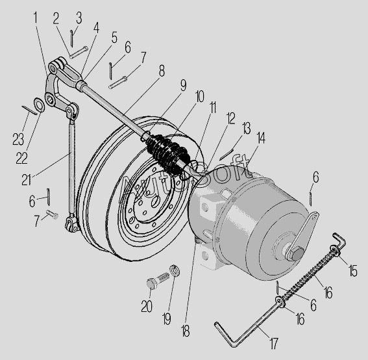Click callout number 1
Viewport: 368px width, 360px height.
tap(35, 18)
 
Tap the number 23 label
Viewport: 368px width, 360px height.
tap(18, 139)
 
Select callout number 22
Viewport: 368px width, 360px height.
tap(21, 158)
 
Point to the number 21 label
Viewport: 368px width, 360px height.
tap(26, 180)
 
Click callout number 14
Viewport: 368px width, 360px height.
tap(261, 138)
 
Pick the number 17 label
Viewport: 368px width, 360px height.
tap(273, 343)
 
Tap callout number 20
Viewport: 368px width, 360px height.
tap(147, 307)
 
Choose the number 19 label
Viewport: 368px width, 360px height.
tap(166, 318)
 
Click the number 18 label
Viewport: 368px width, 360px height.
tap(185, 331)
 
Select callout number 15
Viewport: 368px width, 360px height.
tap(352, 271)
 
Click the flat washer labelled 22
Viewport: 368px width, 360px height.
tap(39, 104)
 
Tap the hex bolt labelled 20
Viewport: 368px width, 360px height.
tap(158, 281)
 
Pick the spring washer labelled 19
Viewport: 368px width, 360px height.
tap(175, 270)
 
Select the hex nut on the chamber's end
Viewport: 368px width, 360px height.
tap(295, 253)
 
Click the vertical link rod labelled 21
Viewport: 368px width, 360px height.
tap(72, 169)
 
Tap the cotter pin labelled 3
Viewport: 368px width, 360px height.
tap(71, 38)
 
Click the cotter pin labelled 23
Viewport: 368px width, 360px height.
tap(29, 110)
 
